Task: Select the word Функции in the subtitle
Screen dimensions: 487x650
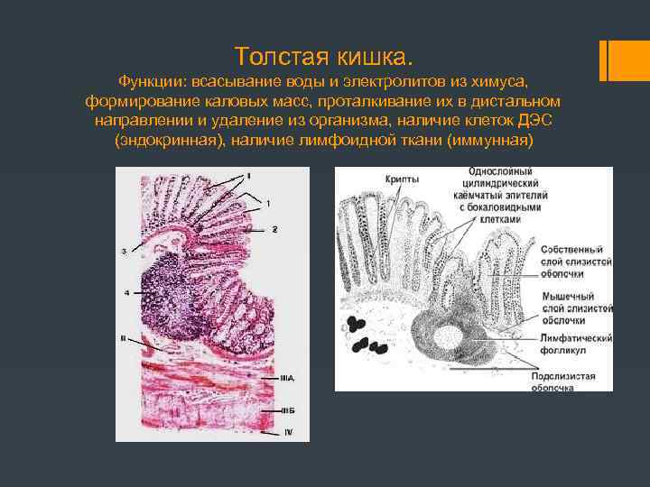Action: (155, 80)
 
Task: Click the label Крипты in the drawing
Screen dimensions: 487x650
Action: (401, 180)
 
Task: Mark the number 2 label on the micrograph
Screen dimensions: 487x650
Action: (274, 229)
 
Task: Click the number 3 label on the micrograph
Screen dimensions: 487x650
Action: (123, 250)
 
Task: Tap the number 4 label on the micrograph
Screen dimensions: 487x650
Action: (126, 292)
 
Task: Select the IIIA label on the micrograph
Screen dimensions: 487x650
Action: (287, 378)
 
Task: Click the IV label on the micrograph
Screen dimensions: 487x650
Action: (288, 432)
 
